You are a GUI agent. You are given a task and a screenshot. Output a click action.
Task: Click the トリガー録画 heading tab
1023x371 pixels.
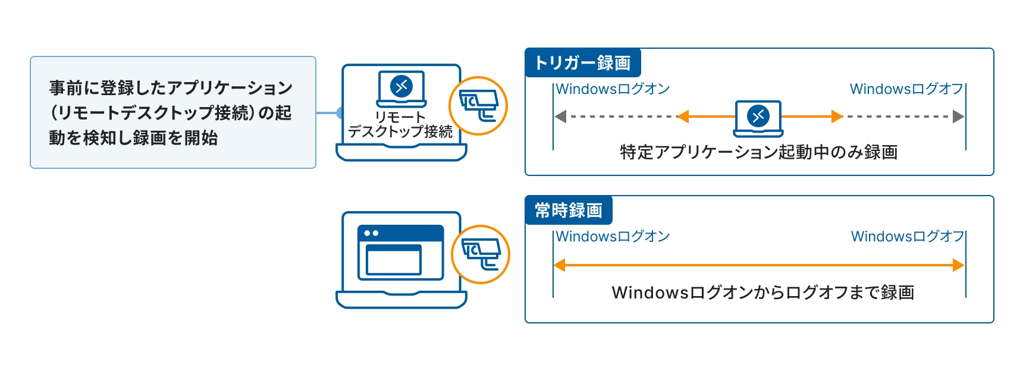click(582, 63)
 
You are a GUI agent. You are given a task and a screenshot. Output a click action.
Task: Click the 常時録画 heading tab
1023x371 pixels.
click(568, 210)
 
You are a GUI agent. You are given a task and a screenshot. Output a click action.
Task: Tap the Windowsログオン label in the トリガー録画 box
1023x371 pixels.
click(613, 89)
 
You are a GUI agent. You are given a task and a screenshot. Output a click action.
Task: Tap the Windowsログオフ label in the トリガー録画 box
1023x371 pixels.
click(906, 89)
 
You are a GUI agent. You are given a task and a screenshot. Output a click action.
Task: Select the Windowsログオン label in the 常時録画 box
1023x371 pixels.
click(613, 237)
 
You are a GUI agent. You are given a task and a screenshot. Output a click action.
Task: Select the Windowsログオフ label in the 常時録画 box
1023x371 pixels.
click(908, 237)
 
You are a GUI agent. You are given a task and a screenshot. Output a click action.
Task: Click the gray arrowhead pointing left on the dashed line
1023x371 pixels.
click(560, 117)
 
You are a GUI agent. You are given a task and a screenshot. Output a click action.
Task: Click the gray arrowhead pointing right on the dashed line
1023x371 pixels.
click(958, 117)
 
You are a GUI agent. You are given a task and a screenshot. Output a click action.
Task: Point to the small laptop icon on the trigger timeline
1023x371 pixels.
click(758, 118)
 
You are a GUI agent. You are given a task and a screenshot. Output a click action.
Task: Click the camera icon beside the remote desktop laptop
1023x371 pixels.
click(478, 106)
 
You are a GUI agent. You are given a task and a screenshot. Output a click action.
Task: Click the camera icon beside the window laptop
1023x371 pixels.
click(481, 254)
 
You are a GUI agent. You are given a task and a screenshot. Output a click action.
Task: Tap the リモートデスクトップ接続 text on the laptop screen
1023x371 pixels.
click(400, 125)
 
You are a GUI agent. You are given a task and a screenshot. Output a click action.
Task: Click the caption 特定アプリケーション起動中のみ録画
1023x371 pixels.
click(758, 152)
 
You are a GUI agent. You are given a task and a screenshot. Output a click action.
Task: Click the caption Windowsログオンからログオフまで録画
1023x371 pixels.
click(762, 293)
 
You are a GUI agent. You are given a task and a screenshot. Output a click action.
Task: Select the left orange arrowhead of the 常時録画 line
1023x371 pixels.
click(560, 265)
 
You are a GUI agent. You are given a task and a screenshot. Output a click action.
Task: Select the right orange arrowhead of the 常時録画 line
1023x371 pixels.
click(958, 265)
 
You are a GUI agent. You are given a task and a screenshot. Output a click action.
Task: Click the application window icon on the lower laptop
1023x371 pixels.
click(400, 252)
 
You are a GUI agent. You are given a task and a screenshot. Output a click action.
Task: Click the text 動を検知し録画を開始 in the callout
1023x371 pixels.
click(133, 138)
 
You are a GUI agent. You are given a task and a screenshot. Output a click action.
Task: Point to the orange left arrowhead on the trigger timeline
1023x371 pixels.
click(683, 117)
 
